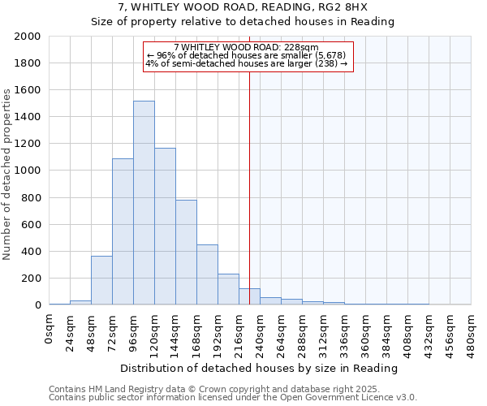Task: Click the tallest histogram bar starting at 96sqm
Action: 144,203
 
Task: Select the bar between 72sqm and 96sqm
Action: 123,231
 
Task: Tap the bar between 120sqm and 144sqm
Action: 165,227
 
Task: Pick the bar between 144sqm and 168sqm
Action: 186,253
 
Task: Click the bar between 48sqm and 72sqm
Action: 101,281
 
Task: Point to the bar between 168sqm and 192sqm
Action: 207,275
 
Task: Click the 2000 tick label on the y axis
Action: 28,37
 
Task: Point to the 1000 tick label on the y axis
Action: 28,171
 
